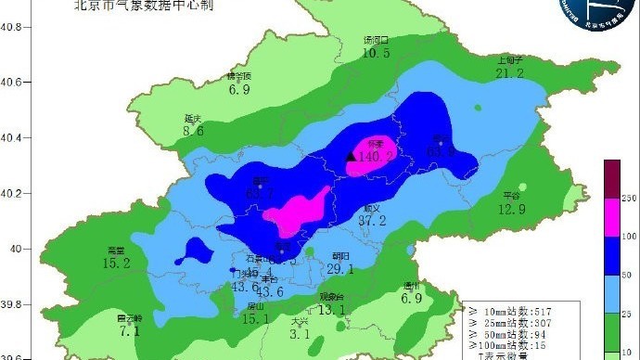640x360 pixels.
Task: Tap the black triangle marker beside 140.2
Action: (x=351, y=157)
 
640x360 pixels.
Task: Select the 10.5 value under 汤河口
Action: (x=376, y=54)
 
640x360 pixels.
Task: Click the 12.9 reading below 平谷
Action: (x=511, y=209)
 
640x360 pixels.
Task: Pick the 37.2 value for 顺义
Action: (x=372, y=221)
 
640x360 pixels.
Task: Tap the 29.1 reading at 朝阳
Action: (x=340, y=269)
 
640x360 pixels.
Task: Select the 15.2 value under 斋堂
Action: (x=116, y=264)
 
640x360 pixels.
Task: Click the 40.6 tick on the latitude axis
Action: (x=10, y=83)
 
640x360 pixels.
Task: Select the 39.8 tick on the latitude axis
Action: (x=10, y=303)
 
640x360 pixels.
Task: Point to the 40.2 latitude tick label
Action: (x=10, y=194)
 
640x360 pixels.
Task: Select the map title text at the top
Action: (x=148, y=5)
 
